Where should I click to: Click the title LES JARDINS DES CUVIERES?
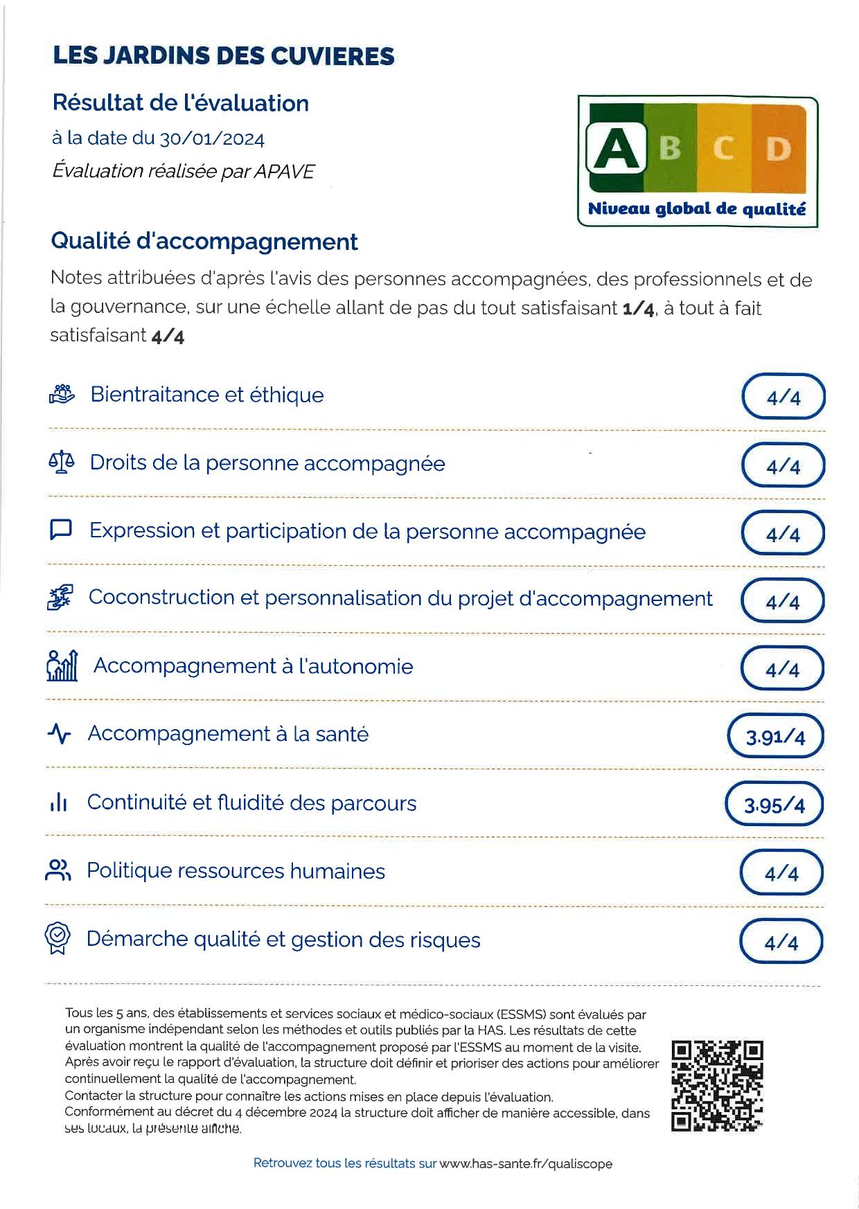pyautogui.click(x=224, y=56)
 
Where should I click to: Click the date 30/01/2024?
pyautogui.click(x=212, y=139)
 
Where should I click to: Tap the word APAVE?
pyautogui.click(x=284, y=172)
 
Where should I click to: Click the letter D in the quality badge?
pyautogui.click(x=778, y=149)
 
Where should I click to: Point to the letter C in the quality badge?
pyautogui.click(x=723, y=149)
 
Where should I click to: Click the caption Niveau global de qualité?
pyautogui.click(x=697, y=209)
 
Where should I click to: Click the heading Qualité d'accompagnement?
pyautogui.click(x=204, y=242)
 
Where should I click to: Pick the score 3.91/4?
pyautogui.click(x=776, y=737)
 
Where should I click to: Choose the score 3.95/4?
pyautogui.click(x=774, y=805)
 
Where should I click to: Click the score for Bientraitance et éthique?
pyautogui.click(x=783, y=397)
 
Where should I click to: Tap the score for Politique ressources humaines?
pyautogui.click(x=781, y=874)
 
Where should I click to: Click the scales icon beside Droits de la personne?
pyautogui.click(x=62, y=463)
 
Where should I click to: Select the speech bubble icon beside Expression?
pyautogui.click(x=62, y=530)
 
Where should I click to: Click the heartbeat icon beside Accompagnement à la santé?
pyautogui.click(x=60, y=733)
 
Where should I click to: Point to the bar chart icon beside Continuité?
pyautogui.click(x=59, y=803)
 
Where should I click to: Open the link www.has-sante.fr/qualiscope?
pyautogui.click(x=526, y=1164)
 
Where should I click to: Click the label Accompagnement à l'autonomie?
pyautogui.click(x=254, y=666)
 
